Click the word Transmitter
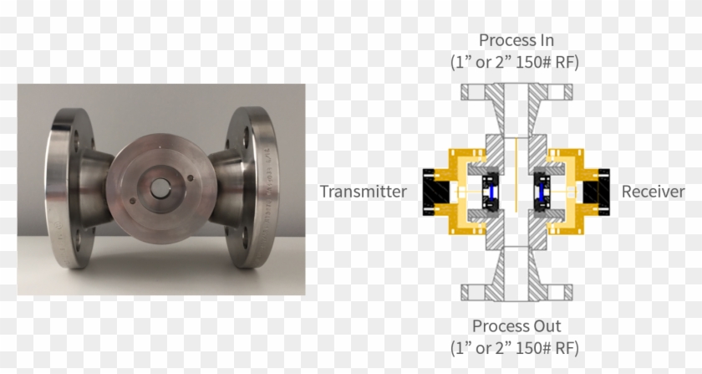coord(363,192)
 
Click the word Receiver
coord(653,192)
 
